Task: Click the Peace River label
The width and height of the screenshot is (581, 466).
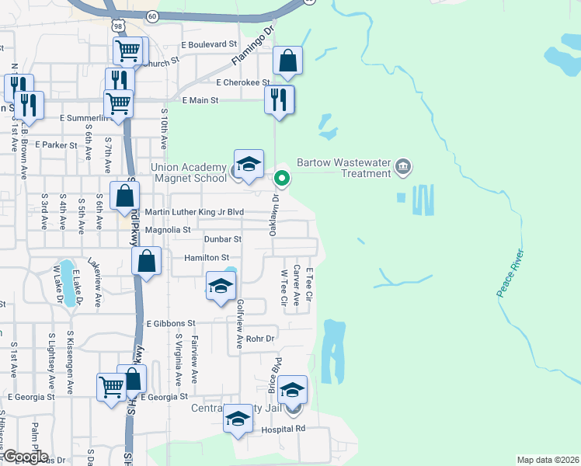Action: [x=511, y=273]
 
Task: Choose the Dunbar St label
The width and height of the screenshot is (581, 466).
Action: [x=223, y=240]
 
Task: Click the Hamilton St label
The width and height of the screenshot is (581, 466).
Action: [x=207, y=258]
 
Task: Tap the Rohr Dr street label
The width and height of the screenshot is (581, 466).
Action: [x=260, y=339]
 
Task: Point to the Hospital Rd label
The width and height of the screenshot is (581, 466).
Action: [x=284, y=428]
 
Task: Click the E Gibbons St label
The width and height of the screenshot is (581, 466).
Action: [x=170, y=323]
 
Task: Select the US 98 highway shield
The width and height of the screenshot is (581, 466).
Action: [x=117, y=26]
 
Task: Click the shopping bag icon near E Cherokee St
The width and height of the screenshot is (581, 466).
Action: [x=287, y=61]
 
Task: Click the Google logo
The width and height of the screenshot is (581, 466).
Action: [x=25, y=457]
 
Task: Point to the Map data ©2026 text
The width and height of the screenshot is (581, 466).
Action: [x=548, y=460]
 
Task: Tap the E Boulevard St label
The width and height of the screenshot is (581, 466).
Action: [x=209, y=45]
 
